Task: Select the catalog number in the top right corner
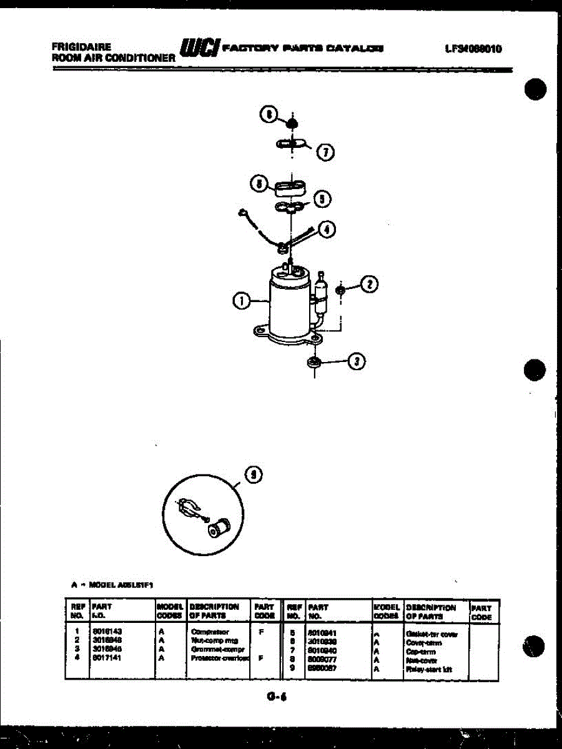coord(474,49)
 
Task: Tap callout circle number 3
coord(357,361)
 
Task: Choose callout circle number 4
coord(327,229)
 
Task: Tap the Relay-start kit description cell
coord(428,669)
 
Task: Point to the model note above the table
coord(112,585)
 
